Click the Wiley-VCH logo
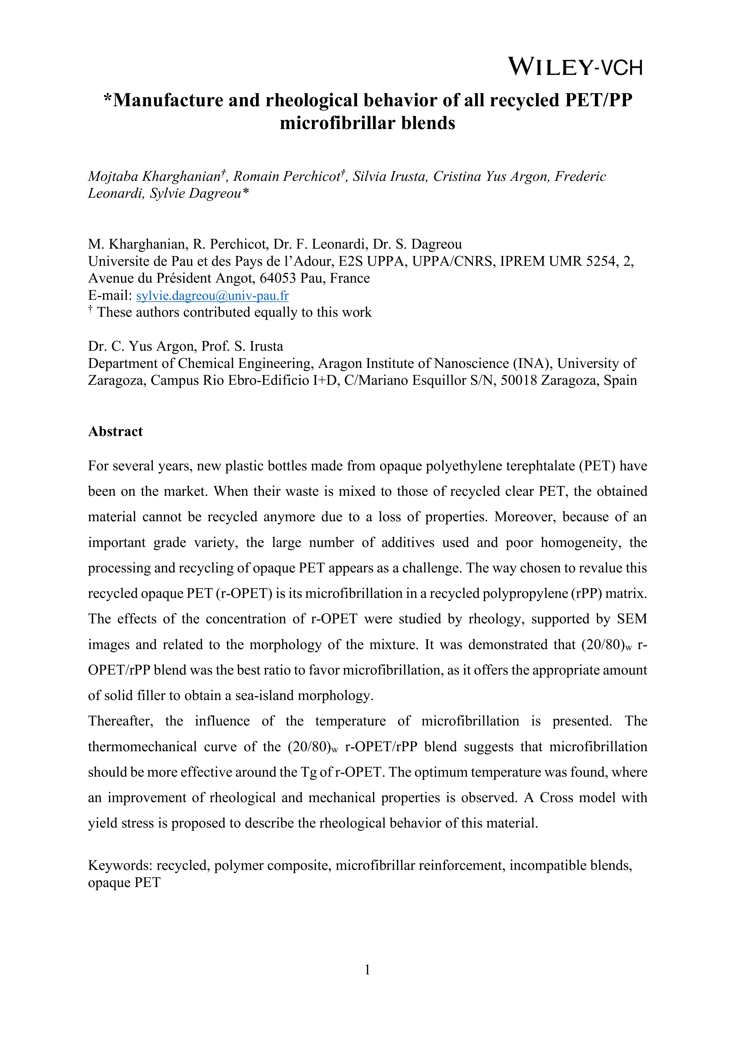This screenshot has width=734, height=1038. pos(575,67)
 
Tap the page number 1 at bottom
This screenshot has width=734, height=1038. pos(367,969)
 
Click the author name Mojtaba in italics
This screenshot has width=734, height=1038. pos(113,176)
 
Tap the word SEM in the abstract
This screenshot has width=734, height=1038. pos(632,619)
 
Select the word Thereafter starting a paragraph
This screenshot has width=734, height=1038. pos(120,721)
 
